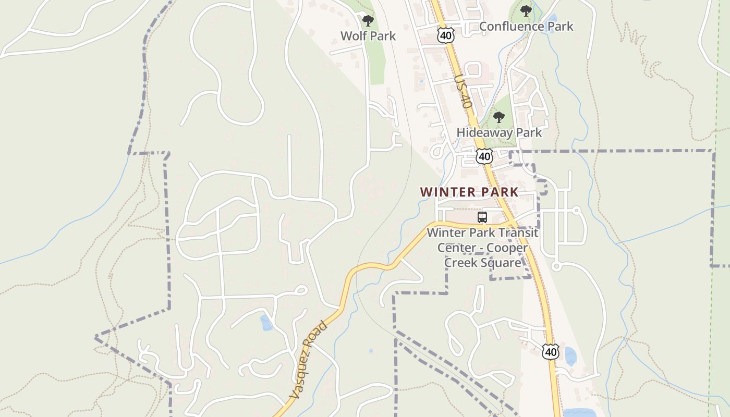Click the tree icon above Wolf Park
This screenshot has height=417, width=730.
pyautogui.click(x=368, y=21)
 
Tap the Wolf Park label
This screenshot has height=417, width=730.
pyautogui.click(x=368, y=36)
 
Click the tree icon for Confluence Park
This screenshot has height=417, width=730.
pyautogui.click(x=526, y=11)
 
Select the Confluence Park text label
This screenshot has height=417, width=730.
pyautogui.click(x=526, y=27)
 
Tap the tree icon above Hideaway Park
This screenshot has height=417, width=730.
pyautogui.click(x=499, y=117)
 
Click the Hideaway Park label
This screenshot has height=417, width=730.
pyautogui.click(x=499, y=133)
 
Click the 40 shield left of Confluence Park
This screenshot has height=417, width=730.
pyautogui.click(x=446, y=35)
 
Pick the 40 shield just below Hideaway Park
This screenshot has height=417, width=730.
pyautogui.click(x=484, y=156)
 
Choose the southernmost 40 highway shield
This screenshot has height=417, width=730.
pyautogui.click(x=551, y=352)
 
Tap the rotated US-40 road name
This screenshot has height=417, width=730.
pyautogui.click(x=463, y=91)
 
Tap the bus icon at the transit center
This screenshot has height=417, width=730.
pyautogui.click(x=482, y=217)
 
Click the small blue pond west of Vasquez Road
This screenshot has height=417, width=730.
pyautogui.click(x=266, y=323)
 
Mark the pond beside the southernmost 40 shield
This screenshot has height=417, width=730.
pyautogui.click(x=570, y=357)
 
